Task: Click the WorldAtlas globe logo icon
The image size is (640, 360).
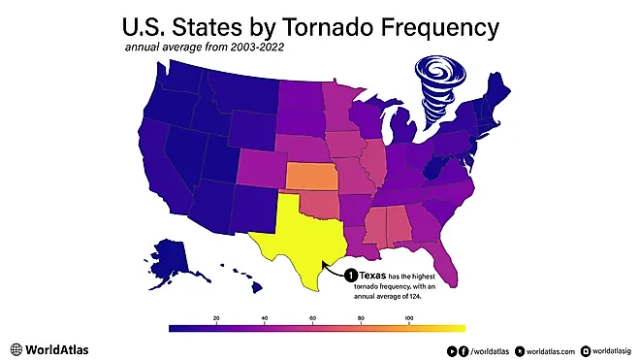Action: [16, 347]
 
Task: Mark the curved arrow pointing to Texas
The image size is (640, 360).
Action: [333, 272]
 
